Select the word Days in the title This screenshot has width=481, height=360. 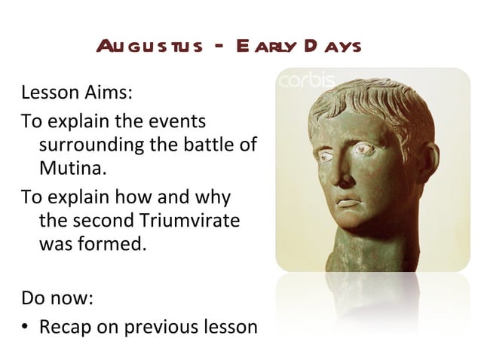coord(329,47)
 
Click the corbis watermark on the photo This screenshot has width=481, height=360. coord(303,80)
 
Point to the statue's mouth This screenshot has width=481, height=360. coord(349,202)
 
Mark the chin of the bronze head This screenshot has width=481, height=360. coord(353,226)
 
